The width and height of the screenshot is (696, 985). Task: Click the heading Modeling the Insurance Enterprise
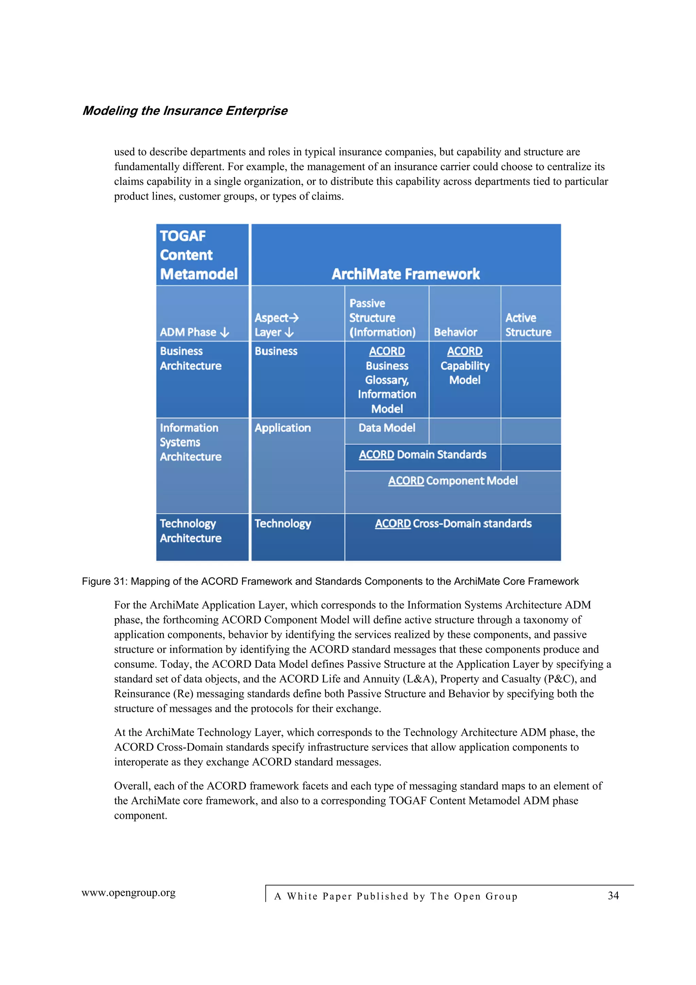coord(185,111)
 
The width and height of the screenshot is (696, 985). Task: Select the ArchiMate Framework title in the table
coord(406,274)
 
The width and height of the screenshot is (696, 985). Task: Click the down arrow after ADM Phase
coord(225,333)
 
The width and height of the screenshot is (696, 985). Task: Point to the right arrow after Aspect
coord(294,318)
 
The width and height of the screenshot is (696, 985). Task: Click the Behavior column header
coord(455,332)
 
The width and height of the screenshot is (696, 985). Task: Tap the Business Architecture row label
coord(191,358)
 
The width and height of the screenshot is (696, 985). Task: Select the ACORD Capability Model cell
coord(465,366)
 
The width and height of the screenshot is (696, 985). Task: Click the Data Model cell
coord(387,428)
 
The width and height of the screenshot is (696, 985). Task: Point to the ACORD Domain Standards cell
coord(422,455)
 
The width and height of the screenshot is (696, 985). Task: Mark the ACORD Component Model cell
coord(453,480)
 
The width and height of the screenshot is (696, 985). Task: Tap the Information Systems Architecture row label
coord(191,442)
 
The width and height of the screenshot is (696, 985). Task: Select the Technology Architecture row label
coord(191,531)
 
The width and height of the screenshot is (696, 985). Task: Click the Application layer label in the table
coord(283,428)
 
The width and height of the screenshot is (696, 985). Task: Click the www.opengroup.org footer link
coord(129,893)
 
